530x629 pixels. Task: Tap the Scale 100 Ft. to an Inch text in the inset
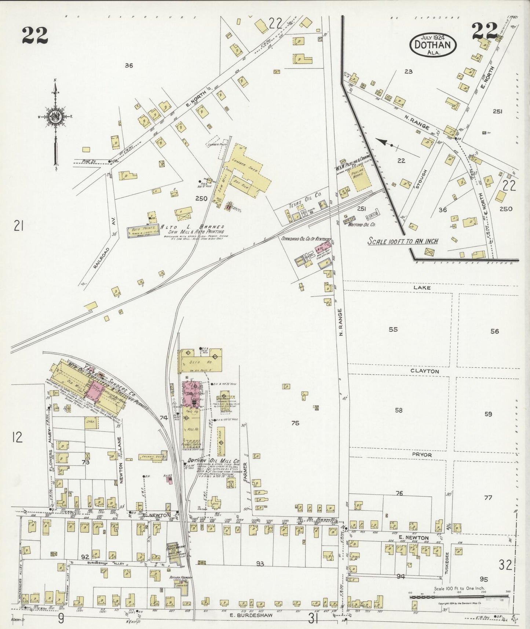pos(403,241)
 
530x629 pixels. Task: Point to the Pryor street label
pos(422,454)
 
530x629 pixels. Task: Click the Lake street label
pos(422,288)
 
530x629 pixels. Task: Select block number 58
pos(399,410)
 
